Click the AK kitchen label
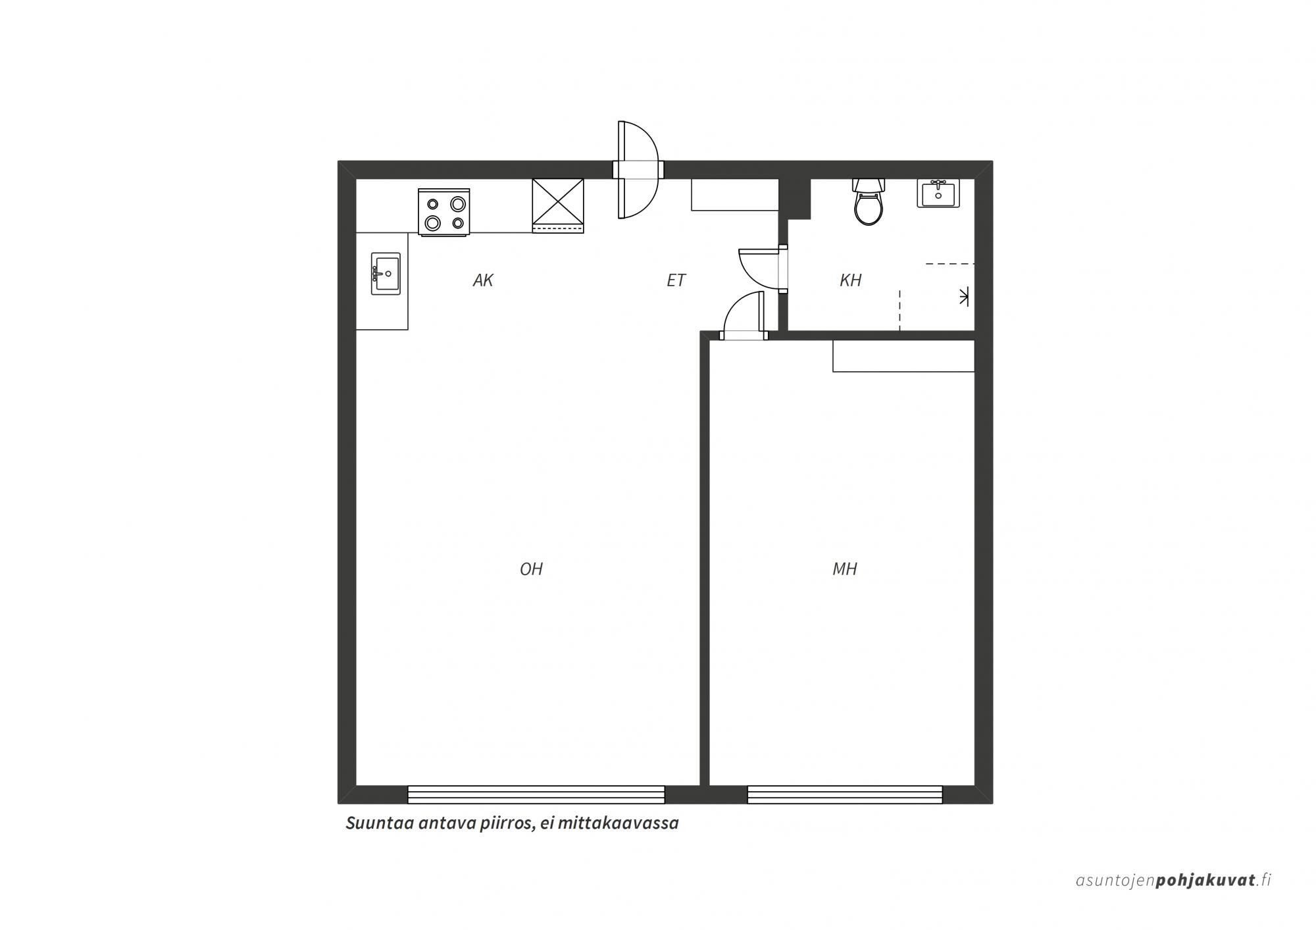(x=483, y=280)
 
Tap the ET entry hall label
(x=676, y=280)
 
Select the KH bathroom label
(x=850, y=280)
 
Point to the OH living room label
(x=531, y=569)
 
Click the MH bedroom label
(x=845, y=569)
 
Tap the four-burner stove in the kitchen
(x=444, y=213)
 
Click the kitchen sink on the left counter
(x=386, y=273)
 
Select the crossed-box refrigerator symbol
(x=558, y=205)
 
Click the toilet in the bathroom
(x=868, y=201)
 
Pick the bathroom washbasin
(x=938, y=193)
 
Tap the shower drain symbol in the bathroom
(x=964, y=297)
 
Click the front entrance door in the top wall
(x=637, y=170)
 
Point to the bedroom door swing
(x=744, y=315)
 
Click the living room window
(x=536, y=794)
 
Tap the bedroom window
(x=845, y=794)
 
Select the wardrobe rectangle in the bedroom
(x=903, y=356)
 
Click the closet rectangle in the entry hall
(x=735, y=195)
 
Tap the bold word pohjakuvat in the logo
(x=1205, y=881)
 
